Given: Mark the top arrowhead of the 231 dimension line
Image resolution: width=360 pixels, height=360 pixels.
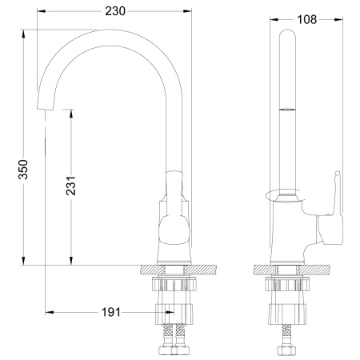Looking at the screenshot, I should [73, 113].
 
